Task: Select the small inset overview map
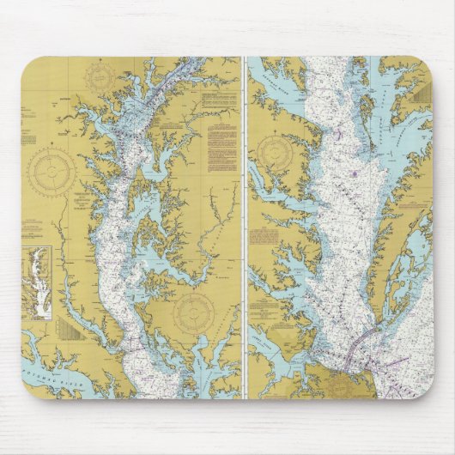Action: click(x=38, y=270)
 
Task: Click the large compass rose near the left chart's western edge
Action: click(x=52, y=171)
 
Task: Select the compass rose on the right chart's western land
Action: click(x=275, y=152)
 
